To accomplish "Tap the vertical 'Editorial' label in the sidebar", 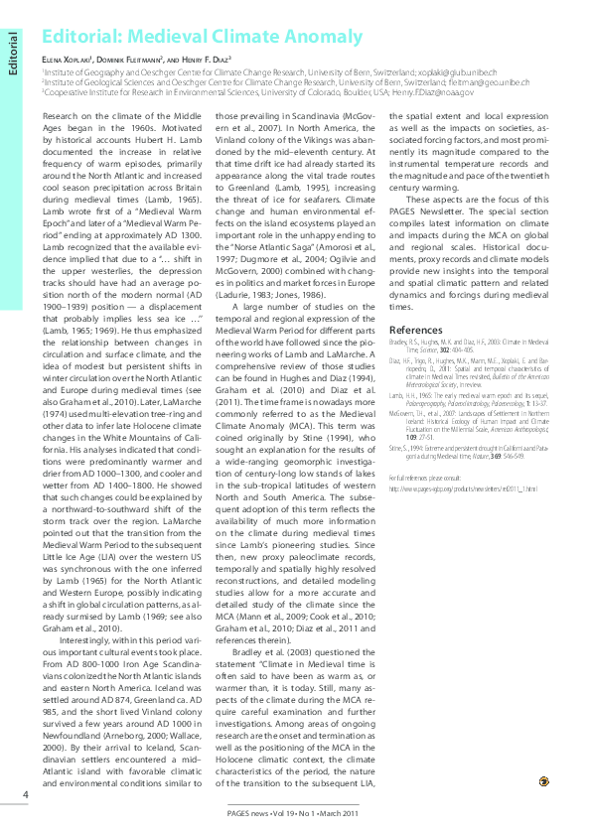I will (13, 56).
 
